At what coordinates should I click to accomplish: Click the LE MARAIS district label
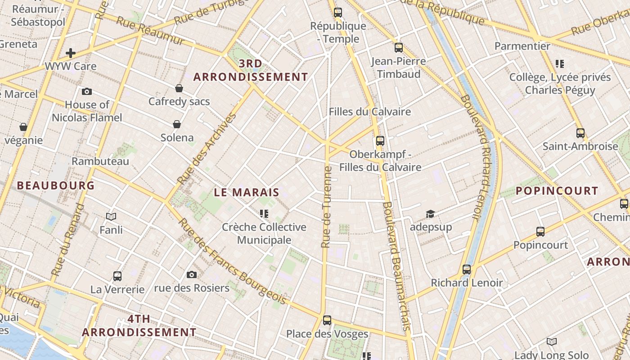(x=246, y=193)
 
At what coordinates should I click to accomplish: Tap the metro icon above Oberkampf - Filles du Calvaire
(x=380, y=141)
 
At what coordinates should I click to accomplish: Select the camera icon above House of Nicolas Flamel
(x=87, y=92)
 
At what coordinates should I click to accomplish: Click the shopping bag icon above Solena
(x=177, y=124)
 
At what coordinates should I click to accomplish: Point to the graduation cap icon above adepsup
(x=431, y=214)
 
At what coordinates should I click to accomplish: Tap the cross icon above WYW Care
(x=71, y=53)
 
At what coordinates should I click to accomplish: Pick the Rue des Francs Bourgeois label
(x=232, y=261)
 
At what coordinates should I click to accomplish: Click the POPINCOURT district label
(x=557, y=191)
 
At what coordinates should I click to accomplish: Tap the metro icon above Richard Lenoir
(x=467, y=270)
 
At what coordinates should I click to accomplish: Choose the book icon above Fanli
(x=111, y=216)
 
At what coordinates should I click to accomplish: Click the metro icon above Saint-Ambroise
(x=580, y=133)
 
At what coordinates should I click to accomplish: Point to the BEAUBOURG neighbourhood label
(x=56, y=185)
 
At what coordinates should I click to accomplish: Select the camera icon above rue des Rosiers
(x=192, y=274)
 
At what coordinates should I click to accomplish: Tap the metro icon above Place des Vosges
(x=327, y=320)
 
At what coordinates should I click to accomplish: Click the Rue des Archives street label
(x=207, y=148)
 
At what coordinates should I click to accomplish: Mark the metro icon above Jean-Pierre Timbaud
(x=399, y=48)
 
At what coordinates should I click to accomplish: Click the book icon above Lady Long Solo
(x=552, y=342)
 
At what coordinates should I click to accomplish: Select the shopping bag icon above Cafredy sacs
(x=179, y=88)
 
